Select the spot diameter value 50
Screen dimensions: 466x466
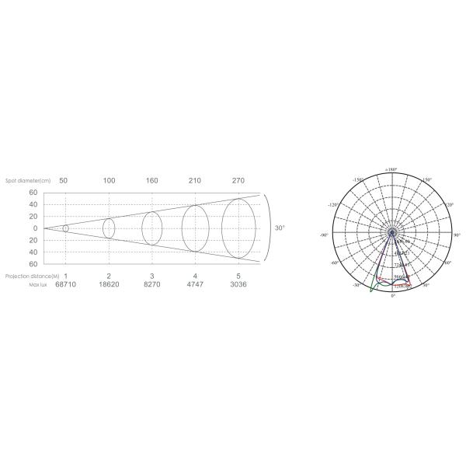pos(64,180)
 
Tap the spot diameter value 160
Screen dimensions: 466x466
pos(152,180)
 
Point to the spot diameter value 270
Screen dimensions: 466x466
pos(238,180)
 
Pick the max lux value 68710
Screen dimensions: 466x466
pos(66,285)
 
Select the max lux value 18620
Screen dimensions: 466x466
pos(109,285)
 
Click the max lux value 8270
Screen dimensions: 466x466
pos(152,285)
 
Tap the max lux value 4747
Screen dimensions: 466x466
pos(196,285)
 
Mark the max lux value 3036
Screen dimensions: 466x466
pos(238,285)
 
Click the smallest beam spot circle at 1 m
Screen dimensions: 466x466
pos(65,228)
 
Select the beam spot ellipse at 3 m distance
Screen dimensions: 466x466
pos(152,228)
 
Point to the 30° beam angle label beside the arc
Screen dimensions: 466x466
pos(280,228)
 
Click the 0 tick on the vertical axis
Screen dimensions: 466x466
pos(33,228)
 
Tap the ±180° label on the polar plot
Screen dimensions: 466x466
pos(391,169)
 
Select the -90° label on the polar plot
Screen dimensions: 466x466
pos(324,234)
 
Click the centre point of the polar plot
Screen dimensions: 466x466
pos(392,231)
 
